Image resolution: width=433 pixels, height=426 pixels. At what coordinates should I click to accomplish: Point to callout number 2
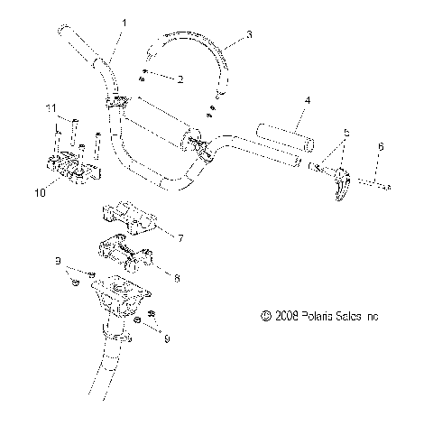(180, 79)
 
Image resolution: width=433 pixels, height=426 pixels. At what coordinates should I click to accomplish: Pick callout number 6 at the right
(380, 146)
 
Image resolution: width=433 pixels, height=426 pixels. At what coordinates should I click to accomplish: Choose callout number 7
(180, 238)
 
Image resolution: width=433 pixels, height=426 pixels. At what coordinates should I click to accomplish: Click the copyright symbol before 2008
(265, 317)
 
